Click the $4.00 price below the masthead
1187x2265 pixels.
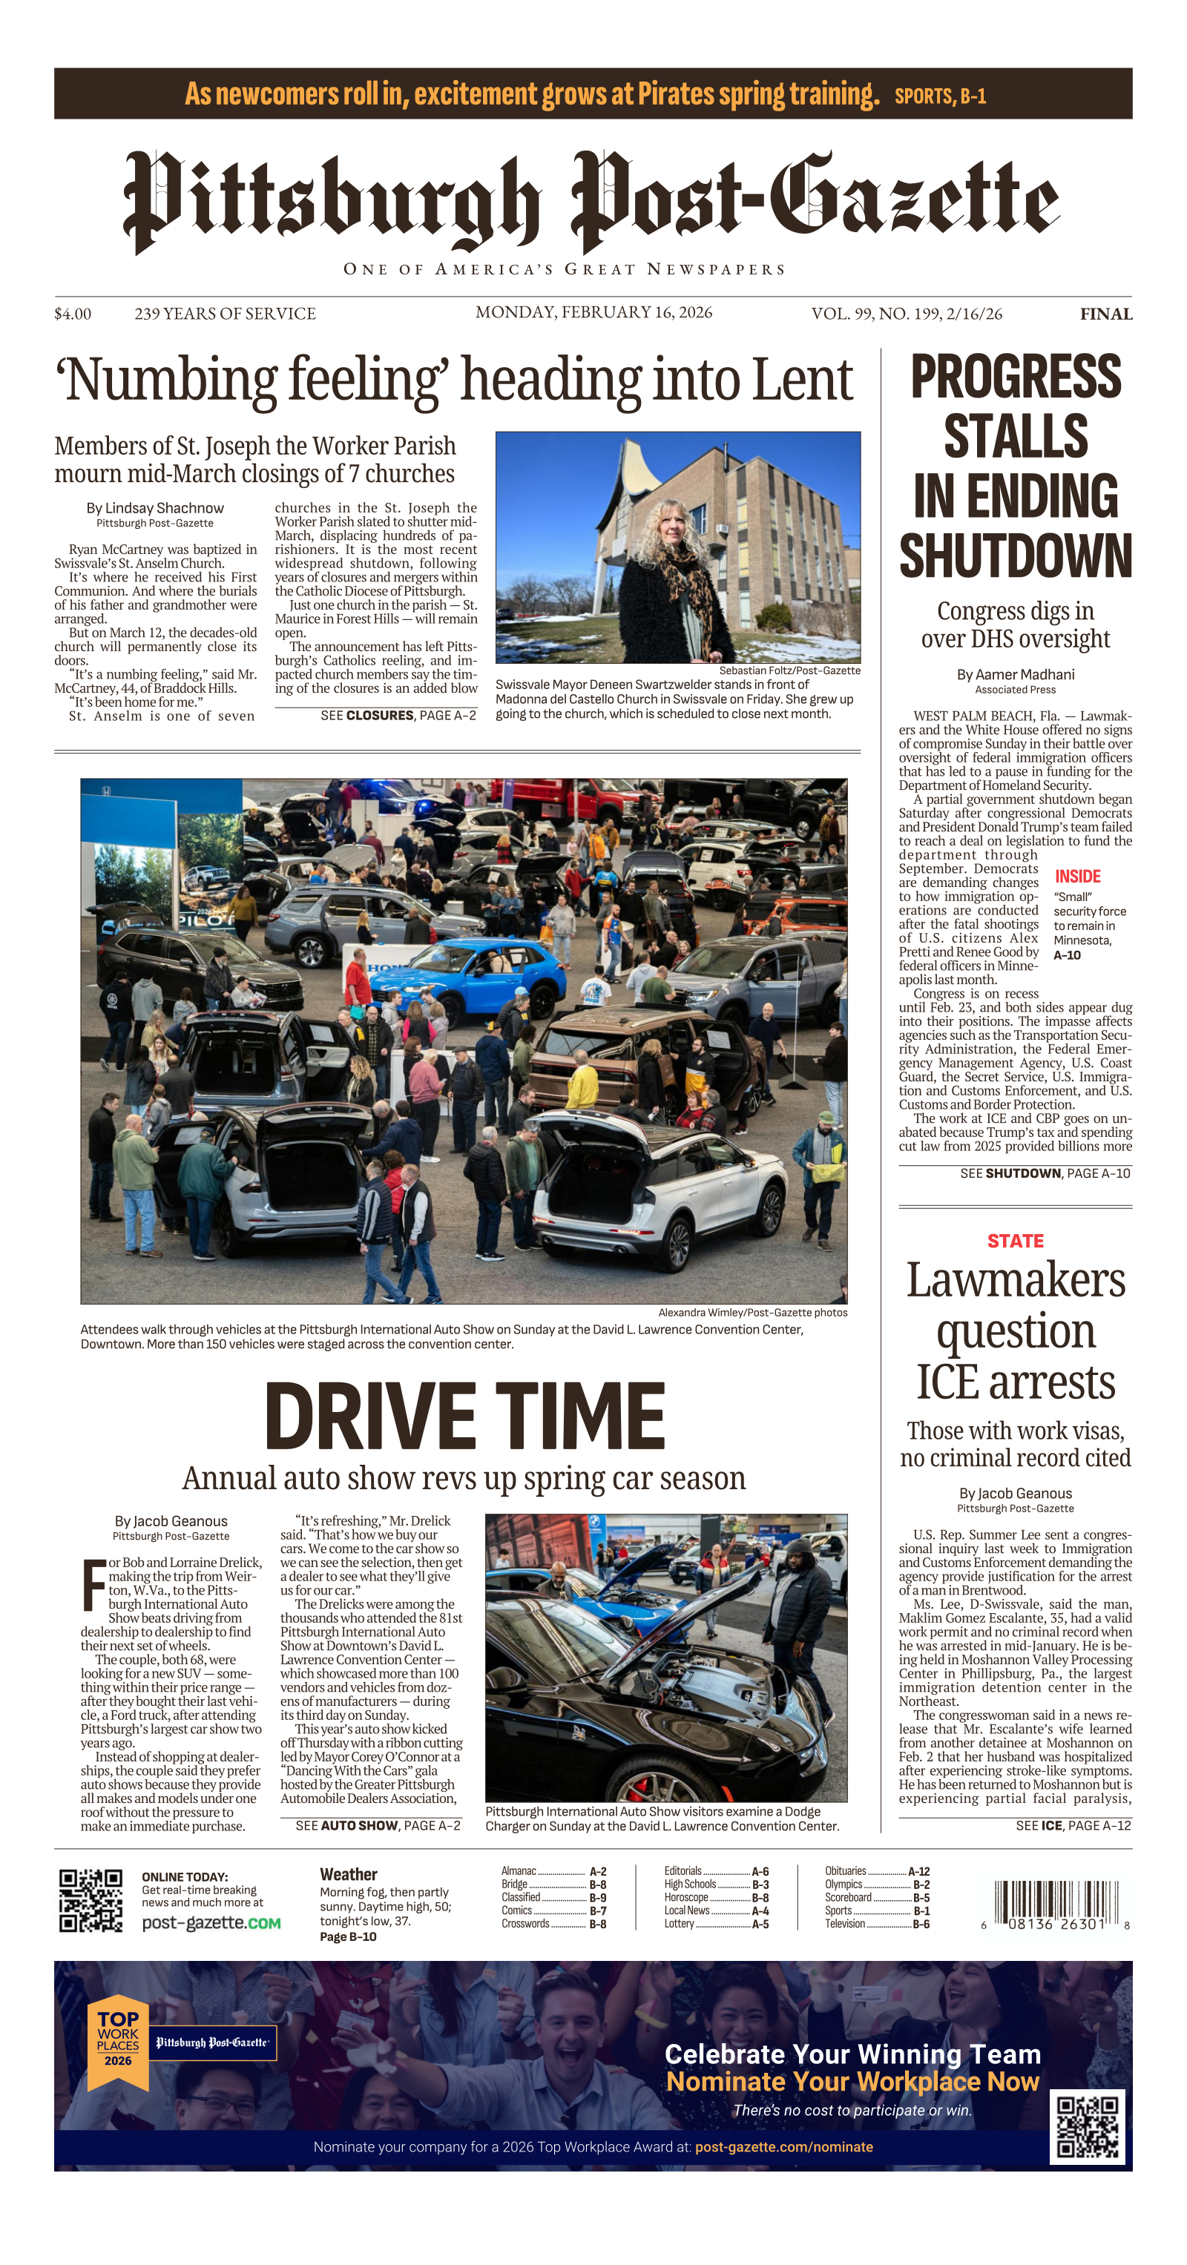(x=72, y=314)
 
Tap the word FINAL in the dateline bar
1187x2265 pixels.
(x=1105, y=314)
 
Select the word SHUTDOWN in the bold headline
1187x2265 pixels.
(x=1015, y=555)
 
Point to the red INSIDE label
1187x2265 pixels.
(x=1077, y=877)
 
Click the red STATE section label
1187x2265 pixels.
(x=1015, y=1241)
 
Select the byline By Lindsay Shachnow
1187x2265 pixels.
(x=155, y=508)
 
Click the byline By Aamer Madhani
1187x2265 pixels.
(x=1015, y=674)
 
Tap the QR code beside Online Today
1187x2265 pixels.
(x=91, y=1900)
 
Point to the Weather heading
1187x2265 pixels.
(x=348, y=1875)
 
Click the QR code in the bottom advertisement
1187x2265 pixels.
(x=1087, y=2127)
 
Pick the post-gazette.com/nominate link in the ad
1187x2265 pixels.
(x=783, y=2146)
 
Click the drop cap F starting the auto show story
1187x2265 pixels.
(x=93, y=1583)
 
